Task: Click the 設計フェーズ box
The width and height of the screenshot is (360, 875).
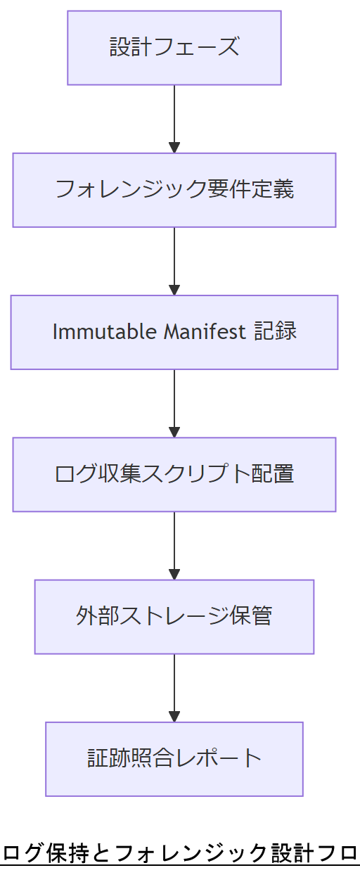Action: click(x=174, y=48)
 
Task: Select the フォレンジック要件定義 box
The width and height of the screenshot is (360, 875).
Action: click(x=174, y=190)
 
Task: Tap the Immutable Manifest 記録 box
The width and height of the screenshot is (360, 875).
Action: click(x=174, y=332)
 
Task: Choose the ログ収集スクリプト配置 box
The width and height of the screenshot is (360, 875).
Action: click(x=174, y=474)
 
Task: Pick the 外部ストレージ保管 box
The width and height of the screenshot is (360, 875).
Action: click(x=174, y=617)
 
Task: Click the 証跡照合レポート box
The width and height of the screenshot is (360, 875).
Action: click(x=174, y=759)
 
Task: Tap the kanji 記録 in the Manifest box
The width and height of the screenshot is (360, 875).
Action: click(x=276, y=332)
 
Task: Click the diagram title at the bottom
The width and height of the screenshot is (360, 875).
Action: click(x=180, y=853)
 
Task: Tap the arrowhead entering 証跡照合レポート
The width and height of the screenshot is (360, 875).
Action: click(x=174, y=717)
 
